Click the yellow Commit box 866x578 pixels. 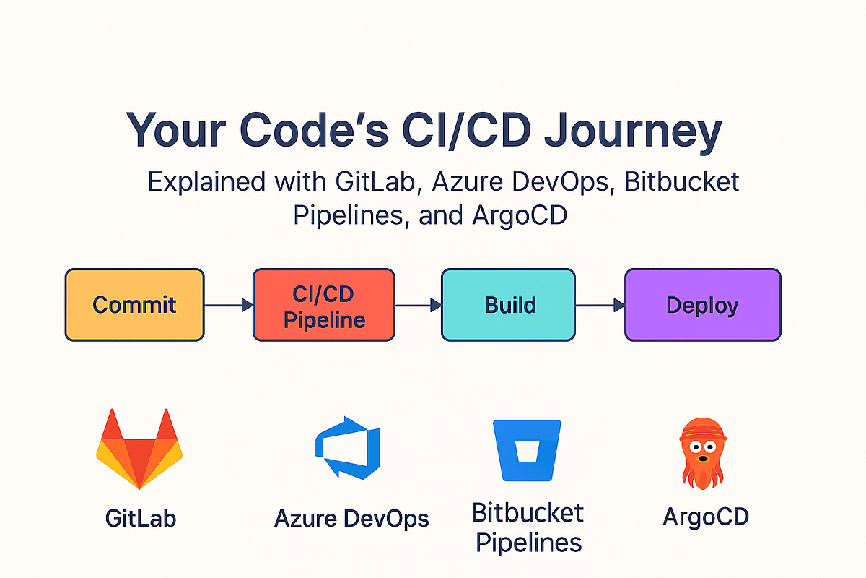click(134, 304)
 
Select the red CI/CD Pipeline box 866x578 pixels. click(323, 304)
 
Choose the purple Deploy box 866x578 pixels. click(702, 304)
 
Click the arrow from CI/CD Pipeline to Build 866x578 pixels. click(418, 306)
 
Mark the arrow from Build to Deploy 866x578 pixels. click(600, 306)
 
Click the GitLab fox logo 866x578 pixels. click(139, 449)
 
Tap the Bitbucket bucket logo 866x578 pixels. click(526, 449)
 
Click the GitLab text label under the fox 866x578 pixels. click(140, 518)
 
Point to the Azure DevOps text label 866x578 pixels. click(351, 518)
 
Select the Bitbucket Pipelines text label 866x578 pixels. click(527, 527)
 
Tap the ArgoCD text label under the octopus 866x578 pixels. click(705, 517)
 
